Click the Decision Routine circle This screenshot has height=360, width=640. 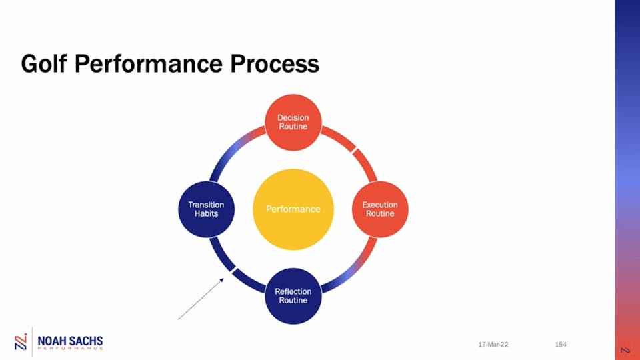[x=293, y=123]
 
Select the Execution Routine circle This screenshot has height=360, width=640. [x=380, y=209]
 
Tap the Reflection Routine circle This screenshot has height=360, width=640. [x=293, y=296]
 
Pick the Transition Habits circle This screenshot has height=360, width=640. [x=206, y=209]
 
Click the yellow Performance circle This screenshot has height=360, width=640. [x=293, y=209]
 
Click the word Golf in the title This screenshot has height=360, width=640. [x=44, y=64]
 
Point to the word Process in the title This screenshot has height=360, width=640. [x=275, y=64]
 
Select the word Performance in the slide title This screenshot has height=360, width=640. [x=149, y=64]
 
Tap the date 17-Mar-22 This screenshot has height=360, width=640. [x=493, y=345]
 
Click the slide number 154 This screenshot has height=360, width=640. [x=561, y=345]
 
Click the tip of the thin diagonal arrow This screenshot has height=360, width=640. [x=224, y=278]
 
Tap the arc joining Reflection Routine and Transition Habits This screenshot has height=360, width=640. [x=232, y=270]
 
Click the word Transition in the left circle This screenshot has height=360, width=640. [x=206, y=205]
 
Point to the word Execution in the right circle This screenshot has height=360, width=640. [x=380, y=205]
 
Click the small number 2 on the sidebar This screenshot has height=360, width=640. [x=625, y=350]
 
